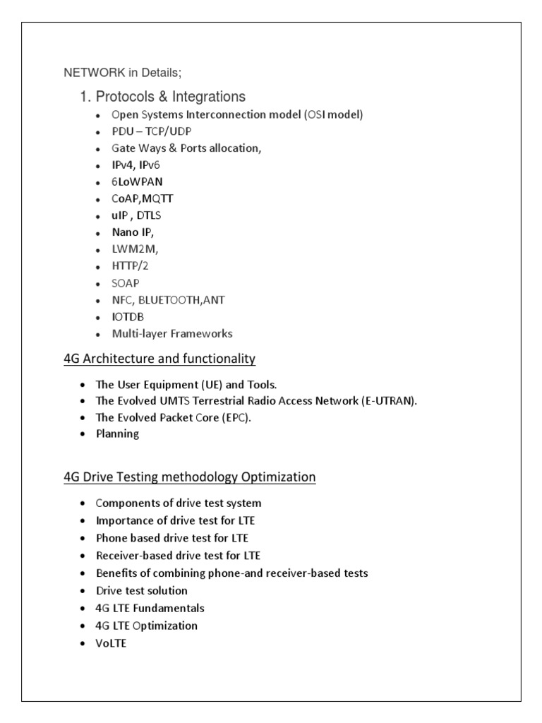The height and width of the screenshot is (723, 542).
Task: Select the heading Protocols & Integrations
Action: coord(171,97)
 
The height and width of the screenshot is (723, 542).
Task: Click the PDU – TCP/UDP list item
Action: coord(151,131)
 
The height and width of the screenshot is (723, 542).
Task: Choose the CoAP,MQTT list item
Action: coord(142,198)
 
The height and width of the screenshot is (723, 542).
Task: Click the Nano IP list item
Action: coord(132,232)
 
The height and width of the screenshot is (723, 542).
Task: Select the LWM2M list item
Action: coord(135,249)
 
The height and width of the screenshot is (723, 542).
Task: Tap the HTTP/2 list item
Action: coord(130,266)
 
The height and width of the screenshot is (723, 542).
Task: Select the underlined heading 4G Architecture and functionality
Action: coord(159,359)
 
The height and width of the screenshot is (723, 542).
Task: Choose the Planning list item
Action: coord(117,434)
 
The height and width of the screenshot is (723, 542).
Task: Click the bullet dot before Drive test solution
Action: coord(82,591)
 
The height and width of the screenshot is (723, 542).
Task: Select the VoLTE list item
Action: coord(112,643)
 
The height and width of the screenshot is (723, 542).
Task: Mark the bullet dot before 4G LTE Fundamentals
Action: coord(82,609)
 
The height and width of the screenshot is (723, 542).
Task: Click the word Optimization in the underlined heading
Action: coord(278,477)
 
